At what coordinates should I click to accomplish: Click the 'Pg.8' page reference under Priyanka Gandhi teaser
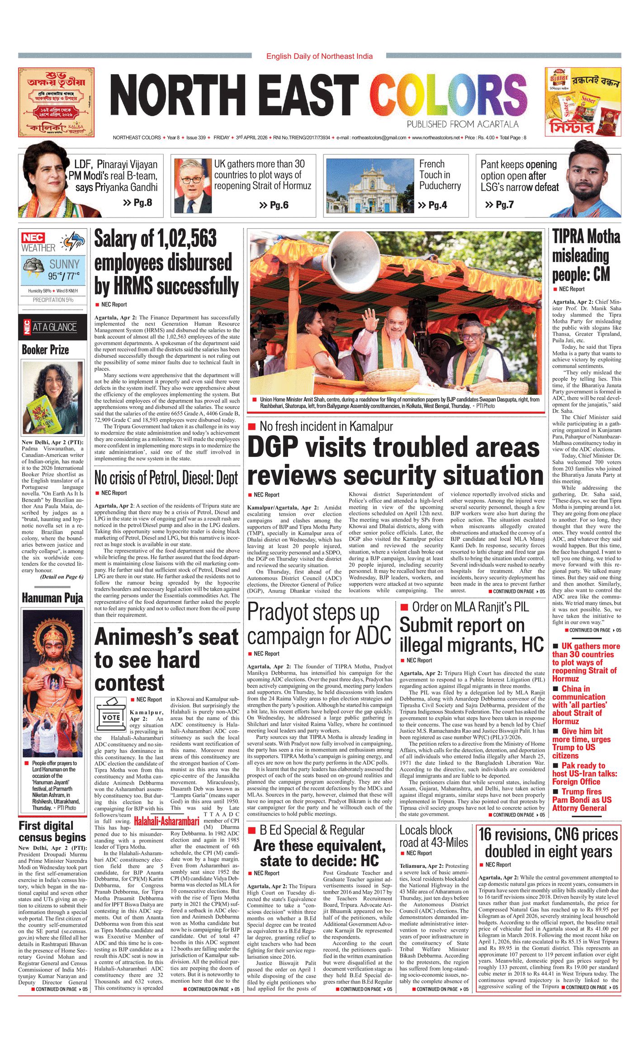(137, 202)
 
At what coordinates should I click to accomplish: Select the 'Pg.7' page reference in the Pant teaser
(499, 204)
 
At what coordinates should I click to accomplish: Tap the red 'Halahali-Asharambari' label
(167, 821)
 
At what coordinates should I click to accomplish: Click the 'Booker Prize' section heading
(45, 350)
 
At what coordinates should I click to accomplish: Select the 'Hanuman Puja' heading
(52, 598)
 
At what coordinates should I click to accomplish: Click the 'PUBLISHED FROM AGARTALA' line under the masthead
(462, 124)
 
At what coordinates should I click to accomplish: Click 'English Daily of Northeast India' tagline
(319, 56)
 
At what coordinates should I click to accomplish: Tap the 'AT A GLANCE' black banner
(53, 327)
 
